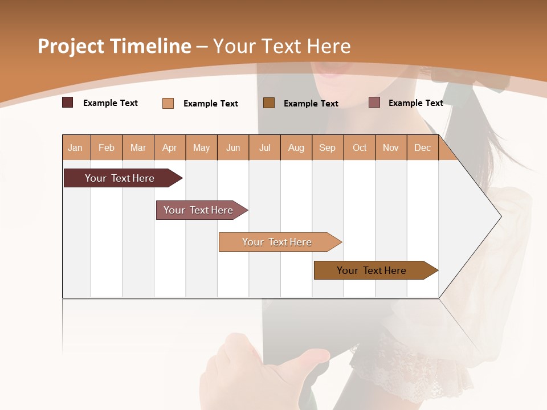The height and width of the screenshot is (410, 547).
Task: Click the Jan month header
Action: (75, 147)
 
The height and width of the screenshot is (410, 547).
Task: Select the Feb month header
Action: (107, 147)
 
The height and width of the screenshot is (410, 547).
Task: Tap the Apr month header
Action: (169, 147)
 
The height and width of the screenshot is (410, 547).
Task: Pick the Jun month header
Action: (233, 147)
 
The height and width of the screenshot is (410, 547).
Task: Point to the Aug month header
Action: (296, 147)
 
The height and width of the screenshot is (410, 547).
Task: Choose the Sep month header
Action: (327, 147)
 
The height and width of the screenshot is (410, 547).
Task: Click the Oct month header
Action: (360, 147)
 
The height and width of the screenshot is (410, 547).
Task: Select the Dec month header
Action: (422, 147)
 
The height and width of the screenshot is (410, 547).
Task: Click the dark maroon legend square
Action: (68, 102)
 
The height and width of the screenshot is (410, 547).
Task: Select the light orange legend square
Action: (168, 103)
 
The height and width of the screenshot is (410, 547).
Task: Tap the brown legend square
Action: (269, 102)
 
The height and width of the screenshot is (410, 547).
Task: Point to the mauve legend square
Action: (374, 102)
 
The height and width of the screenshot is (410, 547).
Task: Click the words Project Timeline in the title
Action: (115, 46)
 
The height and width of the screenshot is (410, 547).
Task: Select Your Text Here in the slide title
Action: (281, 46)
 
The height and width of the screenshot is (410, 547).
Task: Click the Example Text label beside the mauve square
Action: (415, 102)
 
